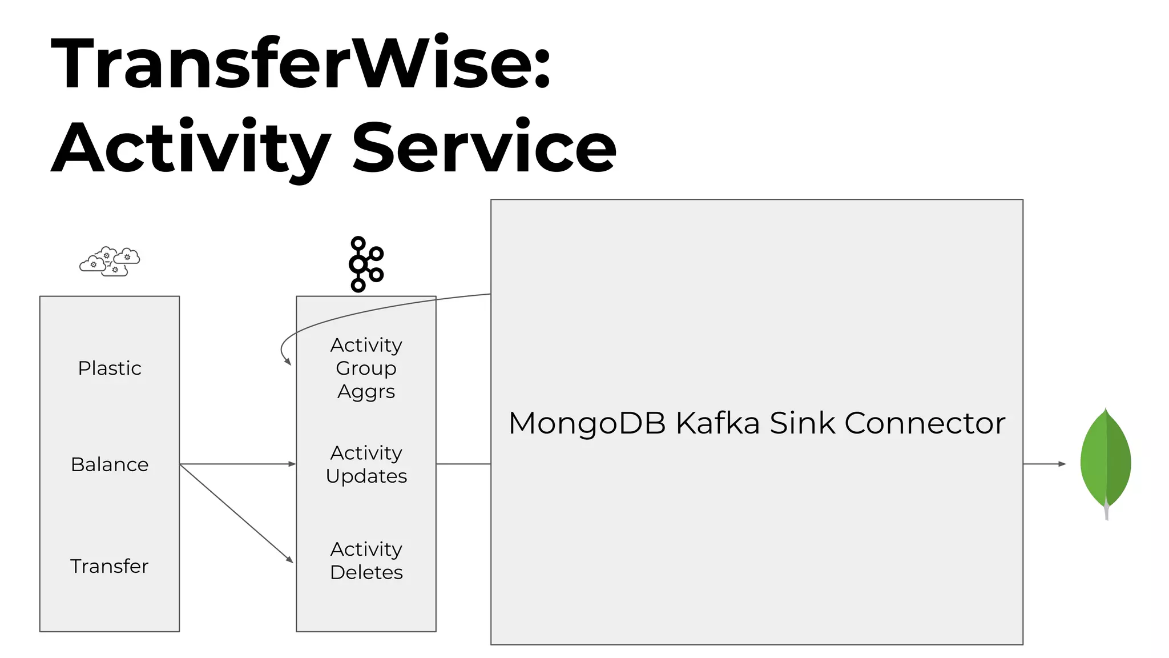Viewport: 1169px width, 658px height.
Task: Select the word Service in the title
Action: tap(484, 147)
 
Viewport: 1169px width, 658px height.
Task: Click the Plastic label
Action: tap(110, 368)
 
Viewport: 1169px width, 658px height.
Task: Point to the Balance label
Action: tap(110, 464)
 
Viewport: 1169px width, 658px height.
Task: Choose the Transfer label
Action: tap(109, 566)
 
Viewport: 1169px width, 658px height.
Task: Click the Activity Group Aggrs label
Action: tap(366, 368)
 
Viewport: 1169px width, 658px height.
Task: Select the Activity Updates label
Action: tap(366, 464)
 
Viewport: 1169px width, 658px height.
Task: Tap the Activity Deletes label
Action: tap(366, 560)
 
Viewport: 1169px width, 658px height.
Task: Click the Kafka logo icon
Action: tap(365, 264)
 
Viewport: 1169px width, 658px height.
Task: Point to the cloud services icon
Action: tap(110, 262)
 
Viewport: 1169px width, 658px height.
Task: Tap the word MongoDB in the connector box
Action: tap(587, 423)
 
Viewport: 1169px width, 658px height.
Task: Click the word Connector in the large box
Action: tap(925, 423)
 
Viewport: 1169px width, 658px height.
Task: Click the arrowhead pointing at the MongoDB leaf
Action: tap(1062, 464)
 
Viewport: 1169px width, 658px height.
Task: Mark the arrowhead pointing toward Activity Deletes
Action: tap(290, 560)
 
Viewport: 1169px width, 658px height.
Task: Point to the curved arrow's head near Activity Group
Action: tap(288, 362)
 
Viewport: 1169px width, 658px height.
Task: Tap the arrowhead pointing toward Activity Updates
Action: tap(292, 464)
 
